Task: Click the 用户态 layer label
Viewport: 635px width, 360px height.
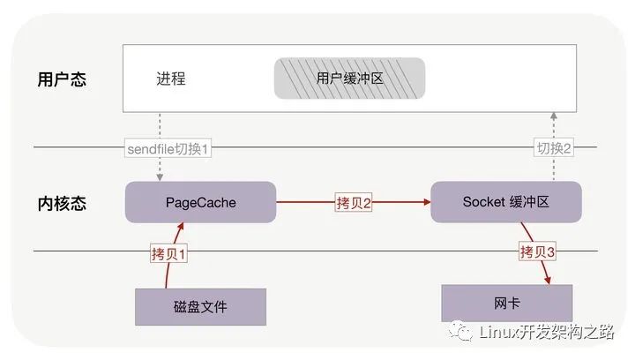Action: (62, 79)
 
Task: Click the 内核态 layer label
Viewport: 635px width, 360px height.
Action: (62, 202)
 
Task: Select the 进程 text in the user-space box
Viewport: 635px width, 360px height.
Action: (170, 79)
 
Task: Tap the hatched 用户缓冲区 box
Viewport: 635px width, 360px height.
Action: (350, 79)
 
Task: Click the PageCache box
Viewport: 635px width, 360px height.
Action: (200, 202)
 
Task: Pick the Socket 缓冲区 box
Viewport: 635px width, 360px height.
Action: (505, 202)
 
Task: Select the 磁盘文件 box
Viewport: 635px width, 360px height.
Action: (200, 307)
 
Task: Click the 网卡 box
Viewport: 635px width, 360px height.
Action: (506, 304)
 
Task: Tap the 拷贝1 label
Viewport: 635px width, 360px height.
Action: (170, 254)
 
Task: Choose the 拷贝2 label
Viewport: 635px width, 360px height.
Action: (354, 202)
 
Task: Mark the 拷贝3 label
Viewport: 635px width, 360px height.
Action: (538, 252)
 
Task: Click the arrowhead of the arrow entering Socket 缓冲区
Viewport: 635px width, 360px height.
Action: (426, 202)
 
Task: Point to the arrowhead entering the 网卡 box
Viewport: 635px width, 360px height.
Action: (549, 281)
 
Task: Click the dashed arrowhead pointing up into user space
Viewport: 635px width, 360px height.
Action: (553, 116)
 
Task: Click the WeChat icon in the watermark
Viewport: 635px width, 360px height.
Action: (464, 332)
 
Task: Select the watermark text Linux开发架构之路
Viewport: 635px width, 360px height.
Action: (546, 332)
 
